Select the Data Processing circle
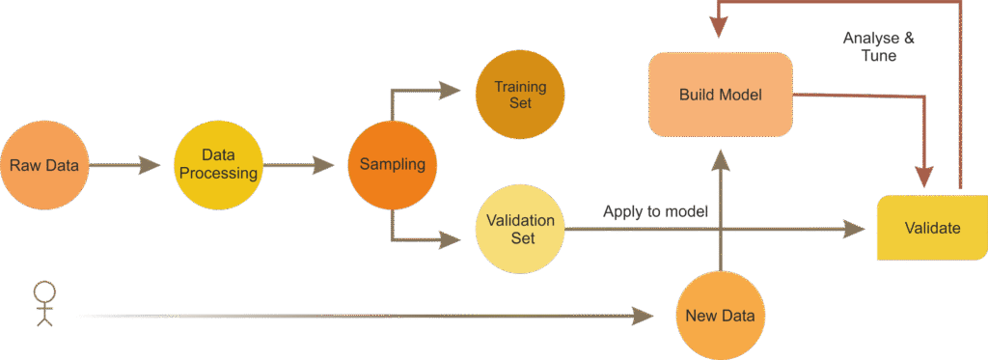click(219, 165)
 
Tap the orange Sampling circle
click(392, 164)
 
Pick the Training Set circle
click(520, 95)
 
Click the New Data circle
click(719, 316)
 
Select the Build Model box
click(721, 95)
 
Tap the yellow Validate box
click(932, 228)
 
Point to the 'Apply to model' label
click(655, 210)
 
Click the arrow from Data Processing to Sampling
click(304, 165)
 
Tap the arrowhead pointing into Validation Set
click(451, 235)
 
